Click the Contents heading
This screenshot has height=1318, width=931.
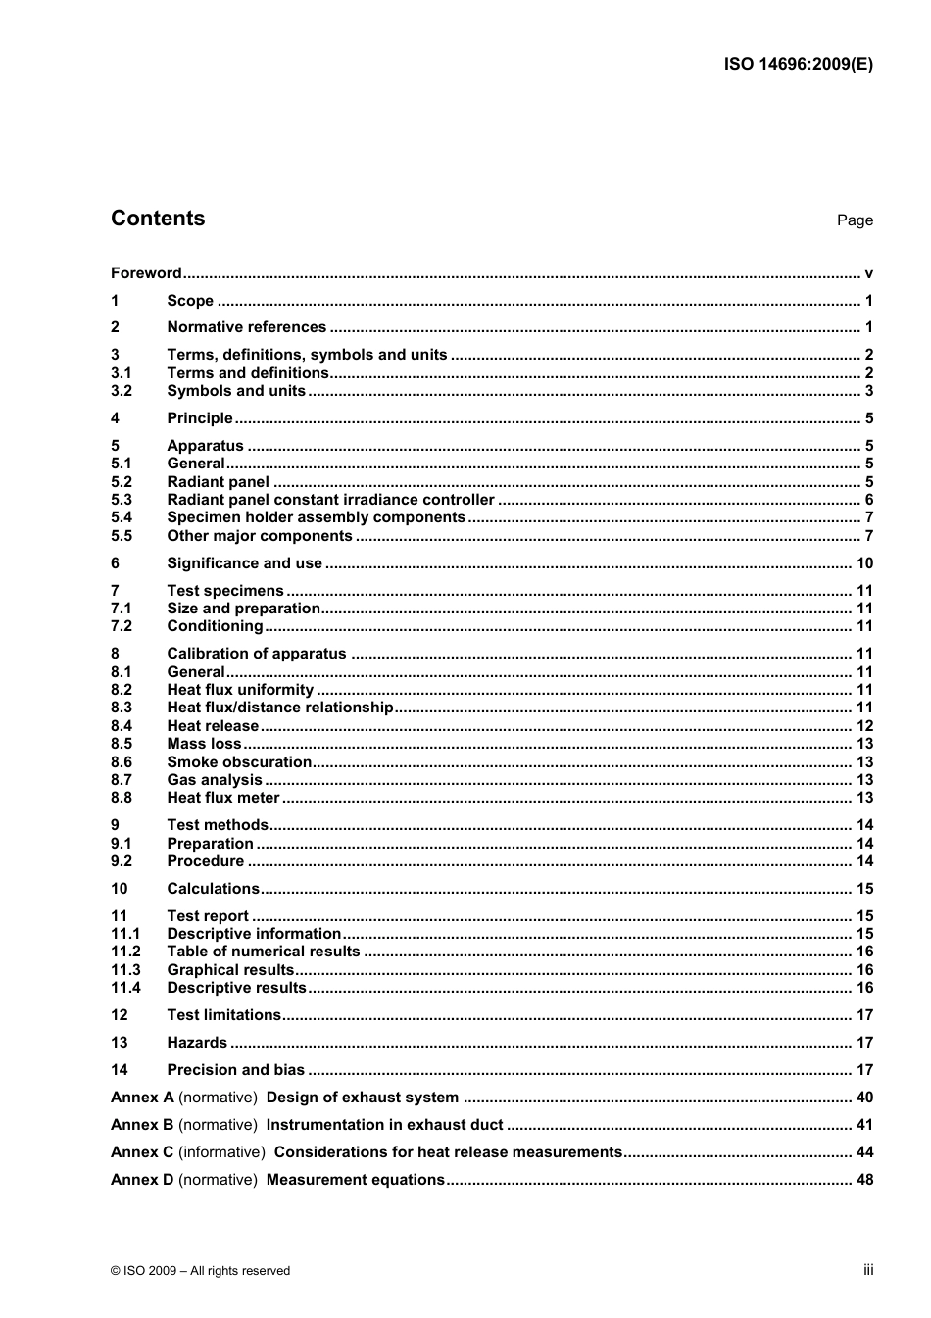tap(158, 219)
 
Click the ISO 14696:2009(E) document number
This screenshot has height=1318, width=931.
tap(798, 65)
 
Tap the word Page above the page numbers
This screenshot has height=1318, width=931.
tap(855, 220)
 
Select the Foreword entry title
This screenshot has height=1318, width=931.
tap(146, 273)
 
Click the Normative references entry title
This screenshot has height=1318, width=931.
tap(246, 327)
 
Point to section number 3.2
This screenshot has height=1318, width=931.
tap(122, 391)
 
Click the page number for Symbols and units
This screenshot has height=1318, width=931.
tap(868, 391)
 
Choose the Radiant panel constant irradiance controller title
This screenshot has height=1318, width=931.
tap(330, 500)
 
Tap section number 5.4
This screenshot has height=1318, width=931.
tap(122, 517)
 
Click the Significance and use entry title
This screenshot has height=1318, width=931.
tap(244, 563)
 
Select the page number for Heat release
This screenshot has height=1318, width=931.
tap(864, 726)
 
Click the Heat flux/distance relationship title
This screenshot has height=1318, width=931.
tap(280, 708)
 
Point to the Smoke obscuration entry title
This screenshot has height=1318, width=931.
tap(239, 762)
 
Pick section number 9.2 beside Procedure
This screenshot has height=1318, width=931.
tap(122, 861)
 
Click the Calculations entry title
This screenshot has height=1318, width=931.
tap(213, 889)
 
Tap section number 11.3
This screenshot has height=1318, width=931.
tap(125, 970)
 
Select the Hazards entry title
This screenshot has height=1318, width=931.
tap(197, 1043)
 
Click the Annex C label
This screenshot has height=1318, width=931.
tap(142, 1152)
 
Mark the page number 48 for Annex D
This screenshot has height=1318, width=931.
tap(864, 1180)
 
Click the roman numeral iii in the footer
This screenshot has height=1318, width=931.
tap(868, 1270)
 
